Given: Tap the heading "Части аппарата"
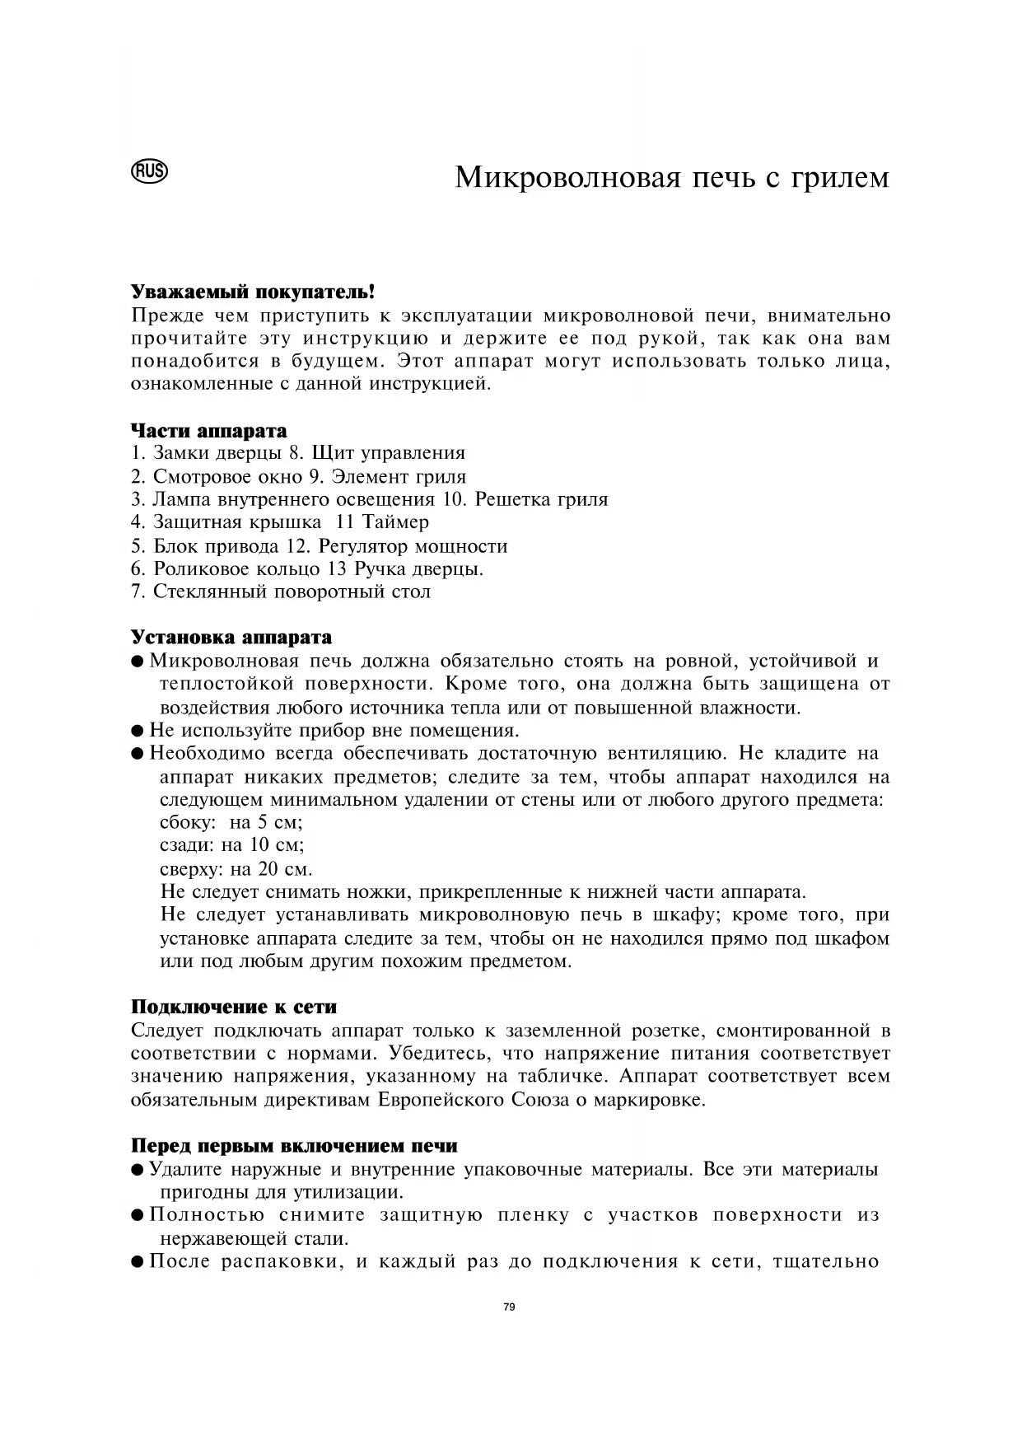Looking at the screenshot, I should coord(209,431).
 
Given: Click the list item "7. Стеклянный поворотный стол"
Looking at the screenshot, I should coord(281,592).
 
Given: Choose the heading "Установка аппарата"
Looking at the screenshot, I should coord(231,638).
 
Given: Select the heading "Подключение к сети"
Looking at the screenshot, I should coord(234,1008).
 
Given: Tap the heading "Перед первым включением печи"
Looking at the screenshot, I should coord(294,1146).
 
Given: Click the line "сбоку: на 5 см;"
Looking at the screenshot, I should coord(231,822).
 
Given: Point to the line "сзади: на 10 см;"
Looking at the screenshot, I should coord(232,845).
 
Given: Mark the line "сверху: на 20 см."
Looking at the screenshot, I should coord(236,869).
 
